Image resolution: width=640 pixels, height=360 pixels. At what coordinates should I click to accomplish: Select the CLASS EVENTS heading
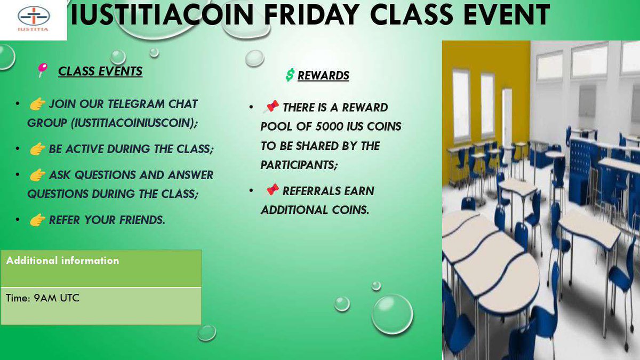100,71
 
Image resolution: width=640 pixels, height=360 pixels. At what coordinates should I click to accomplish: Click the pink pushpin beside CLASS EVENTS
42,70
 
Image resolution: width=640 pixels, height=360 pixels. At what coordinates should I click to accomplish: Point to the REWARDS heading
323,76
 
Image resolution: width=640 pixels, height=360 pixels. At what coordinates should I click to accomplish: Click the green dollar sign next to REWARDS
290,76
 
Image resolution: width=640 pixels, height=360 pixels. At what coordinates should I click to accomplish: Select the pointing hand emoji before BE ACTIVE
37,149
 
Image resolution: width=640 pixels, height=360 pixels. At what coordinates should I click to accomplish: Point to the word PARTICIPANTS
299,165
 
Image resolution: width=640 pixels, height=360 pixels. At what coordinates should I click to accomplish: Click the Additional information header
63,261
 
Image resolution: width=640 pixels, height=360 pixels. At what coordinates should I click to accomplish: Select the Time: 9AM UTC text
43,298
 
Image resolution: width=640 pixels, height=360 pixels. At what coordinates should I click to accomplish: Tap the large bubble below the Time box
392,314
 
